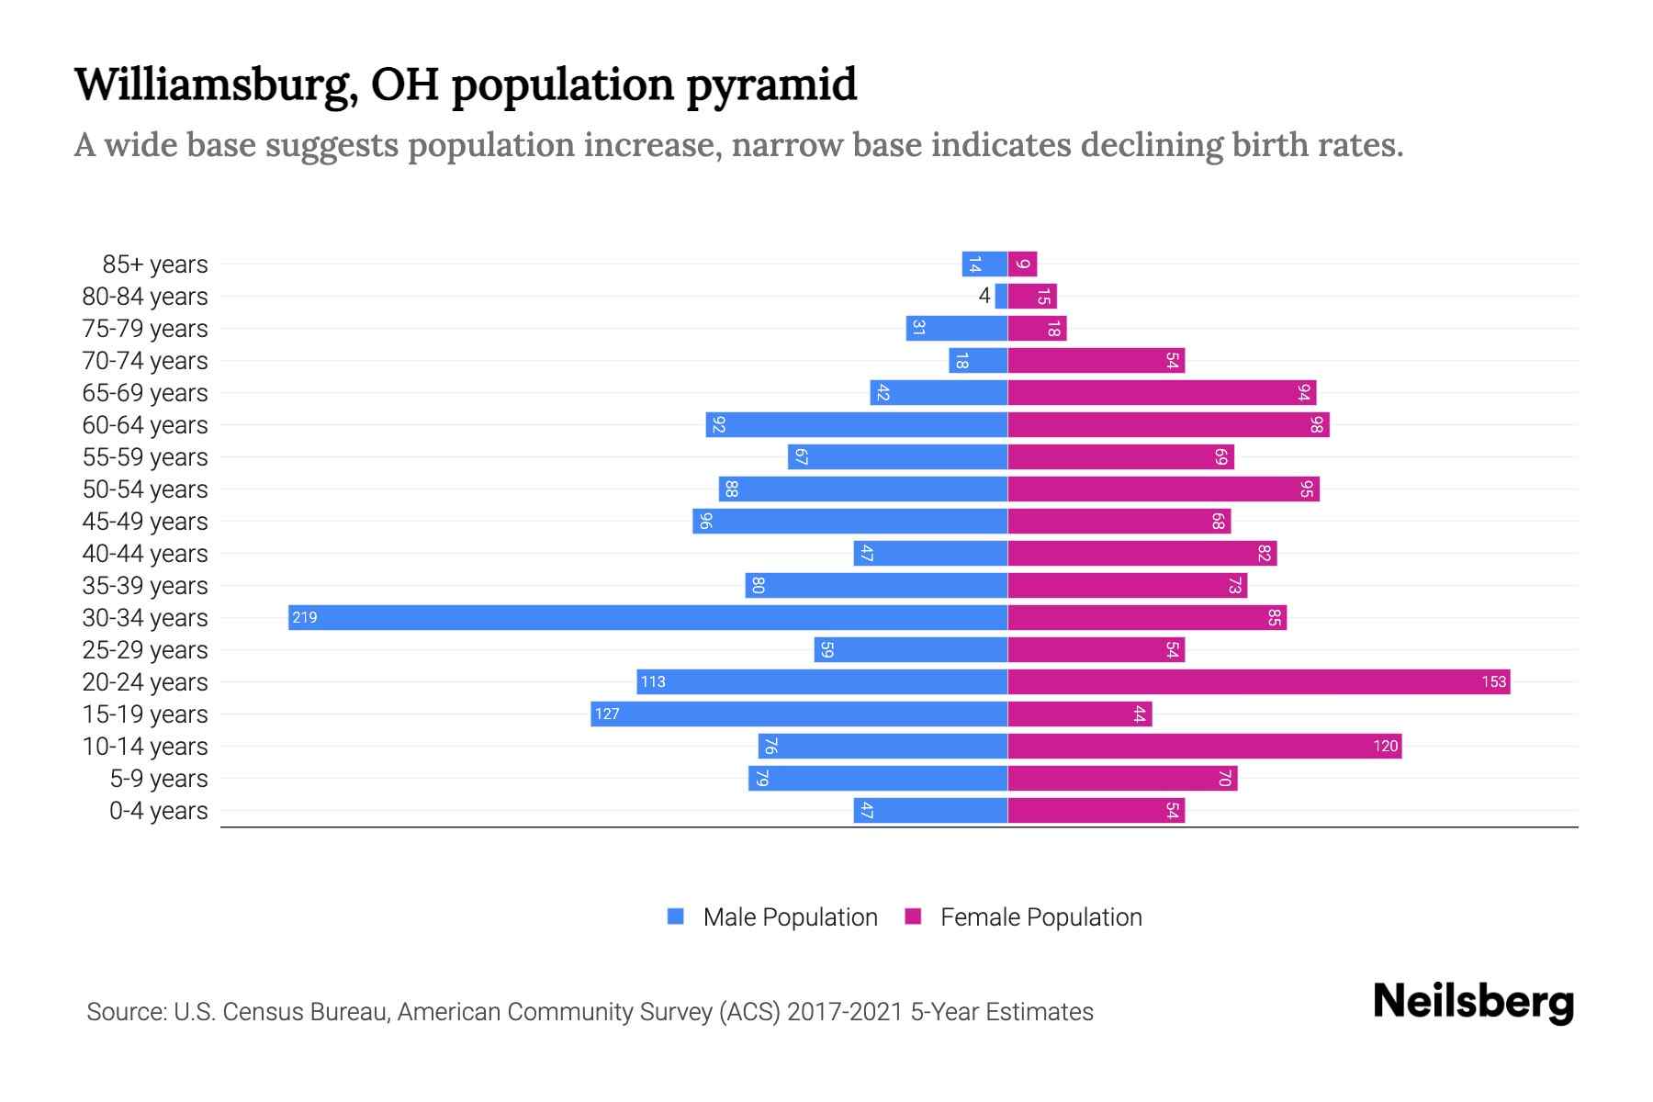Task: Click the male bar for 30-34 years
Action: tap(647, 617)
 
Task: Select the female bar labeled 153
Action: tap(1258, 681)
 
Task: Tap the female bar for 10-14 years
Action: tap(1204, 746)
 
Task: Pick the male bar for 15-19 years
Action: tap(799, 714)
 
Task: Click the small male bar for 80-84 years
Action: tap(1001, 296)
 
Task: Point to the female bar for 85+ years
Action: tap(1022, 264)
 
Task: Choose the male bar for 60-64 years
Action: tap(856, 424)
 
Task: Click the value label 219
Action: tap(305, 617)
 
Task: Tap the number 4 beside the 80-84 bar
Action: tap(984, 296)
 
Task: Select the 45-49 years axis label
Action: tap(145, 521)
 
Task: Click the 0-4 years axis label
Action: tap(158, 810)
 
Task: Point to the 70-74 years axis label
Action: tap(145, 360)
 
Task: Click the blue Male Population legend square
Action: tap(676, 916)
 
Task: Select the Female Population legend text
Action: tap(1040, 916)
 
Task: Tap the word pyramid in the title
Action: tap(771, 84)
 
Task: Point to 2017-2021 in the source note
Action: tap(845, 1012)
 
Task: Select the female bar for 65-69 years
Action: tap(1162, 392)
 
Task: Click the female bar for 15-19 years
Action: tap(1079, 714)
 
